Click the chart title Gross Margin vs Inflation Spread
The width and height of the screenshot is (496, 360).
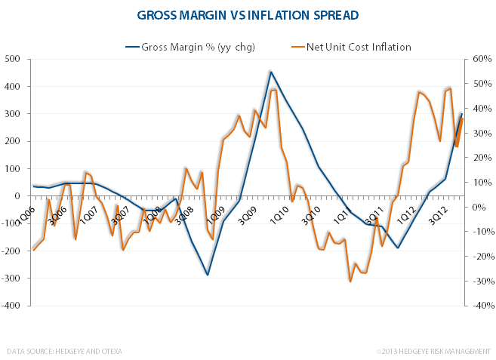[248, 14]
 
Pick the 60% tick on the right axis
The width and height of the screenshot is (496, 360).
[482, 59]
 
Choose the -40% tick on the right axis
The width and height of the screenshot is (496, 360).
[482, 306]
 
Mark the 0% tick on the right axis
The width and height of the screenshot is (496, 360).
[480, 207]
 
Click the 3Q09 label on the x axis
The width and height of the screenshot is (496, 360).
[248, 212]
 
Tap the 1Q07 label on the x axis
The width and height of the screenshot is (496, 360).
[89, 212]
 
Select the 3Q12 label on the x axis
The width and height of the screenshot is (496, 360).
[439, 212]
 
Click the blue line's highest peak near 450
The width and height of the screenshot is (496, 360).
[270, 72]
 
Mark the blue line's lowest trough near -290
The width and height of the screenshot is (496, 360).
[208, 275]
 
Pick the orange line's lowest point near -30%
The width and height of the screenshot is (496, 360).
[350, 282]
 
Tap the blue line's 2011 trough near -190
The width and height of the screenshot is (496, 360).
[397, 248]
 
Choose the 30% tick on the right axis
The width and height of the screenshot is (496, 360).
[482, 133]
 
